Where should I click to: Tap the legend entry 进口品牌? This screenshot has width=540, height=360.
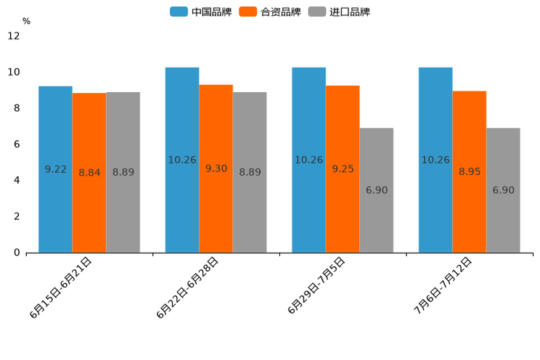tap(339, 12)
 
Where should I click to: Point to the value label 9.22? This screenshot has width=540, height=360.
tap(55, 169)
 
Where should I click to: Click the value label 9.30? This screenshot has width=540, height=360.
tap(216, 168)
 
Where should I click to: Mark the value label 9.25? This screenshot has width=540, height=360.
tap(343, 169)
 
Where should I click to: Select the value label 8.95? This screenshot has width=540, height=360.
tap(469, 172)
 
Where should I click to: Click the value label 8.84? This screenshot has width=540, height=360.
tap(89, 173)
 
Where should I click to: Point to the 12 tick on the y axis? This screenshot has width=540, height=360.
tap(14, 36)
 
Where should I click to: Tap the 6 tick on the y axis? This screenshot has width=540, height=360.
tap(17, 144)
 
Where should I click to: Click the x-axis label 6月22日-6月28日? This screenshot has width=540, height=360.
tap(187, 287)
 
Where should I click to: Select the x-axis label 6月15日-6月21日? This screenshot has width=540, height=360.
tap(61, 287)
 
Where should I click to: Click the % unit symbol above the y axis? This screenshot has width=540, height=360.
tap(26, 22)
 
